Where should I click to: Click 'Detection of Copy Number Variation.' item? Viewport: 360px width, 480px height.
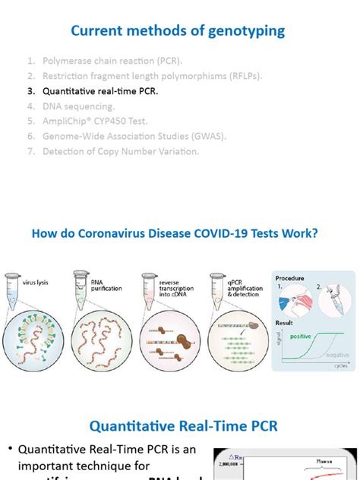(x=121, y=151)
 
